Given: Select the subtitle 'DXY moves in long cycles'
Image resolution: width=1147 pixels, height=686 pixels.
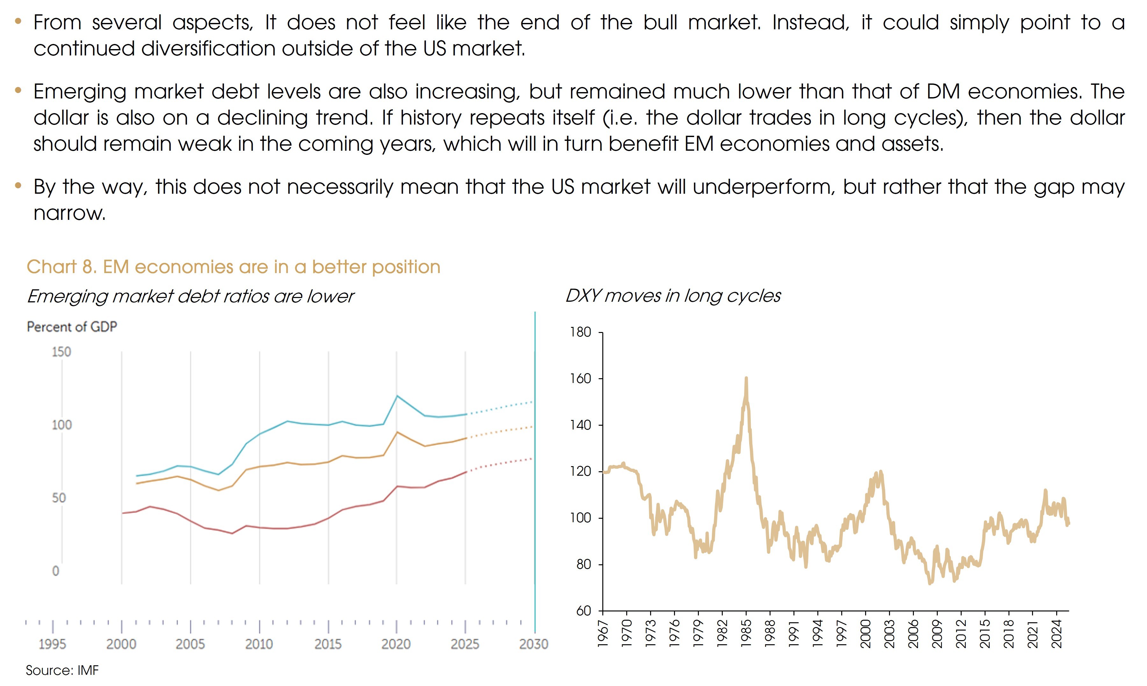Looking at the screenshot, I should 673,296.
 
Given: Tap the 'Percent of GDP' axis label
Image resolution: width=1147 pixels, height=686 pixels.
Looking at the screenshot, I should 72,327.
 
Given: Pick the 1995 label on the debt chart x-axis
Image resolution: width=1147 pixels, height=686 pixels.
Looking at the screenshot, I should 52,644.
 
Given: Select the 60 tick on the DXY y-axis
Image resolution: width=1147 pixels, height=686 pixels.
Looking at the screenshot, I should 583,611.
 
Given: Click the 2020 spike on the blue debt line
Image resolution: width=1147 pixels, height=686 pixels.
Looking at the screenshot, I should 397,396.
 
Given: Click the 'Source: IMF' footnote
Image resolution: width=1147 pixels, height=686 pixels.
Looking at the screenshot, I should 62,670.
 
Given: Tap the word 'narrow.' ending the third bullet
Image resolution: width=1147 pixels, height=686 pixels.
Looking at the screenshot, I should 70,213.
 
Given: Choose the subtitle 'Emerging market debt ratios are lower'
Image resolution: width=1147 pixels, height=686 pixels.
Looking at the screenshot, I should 190,296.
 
